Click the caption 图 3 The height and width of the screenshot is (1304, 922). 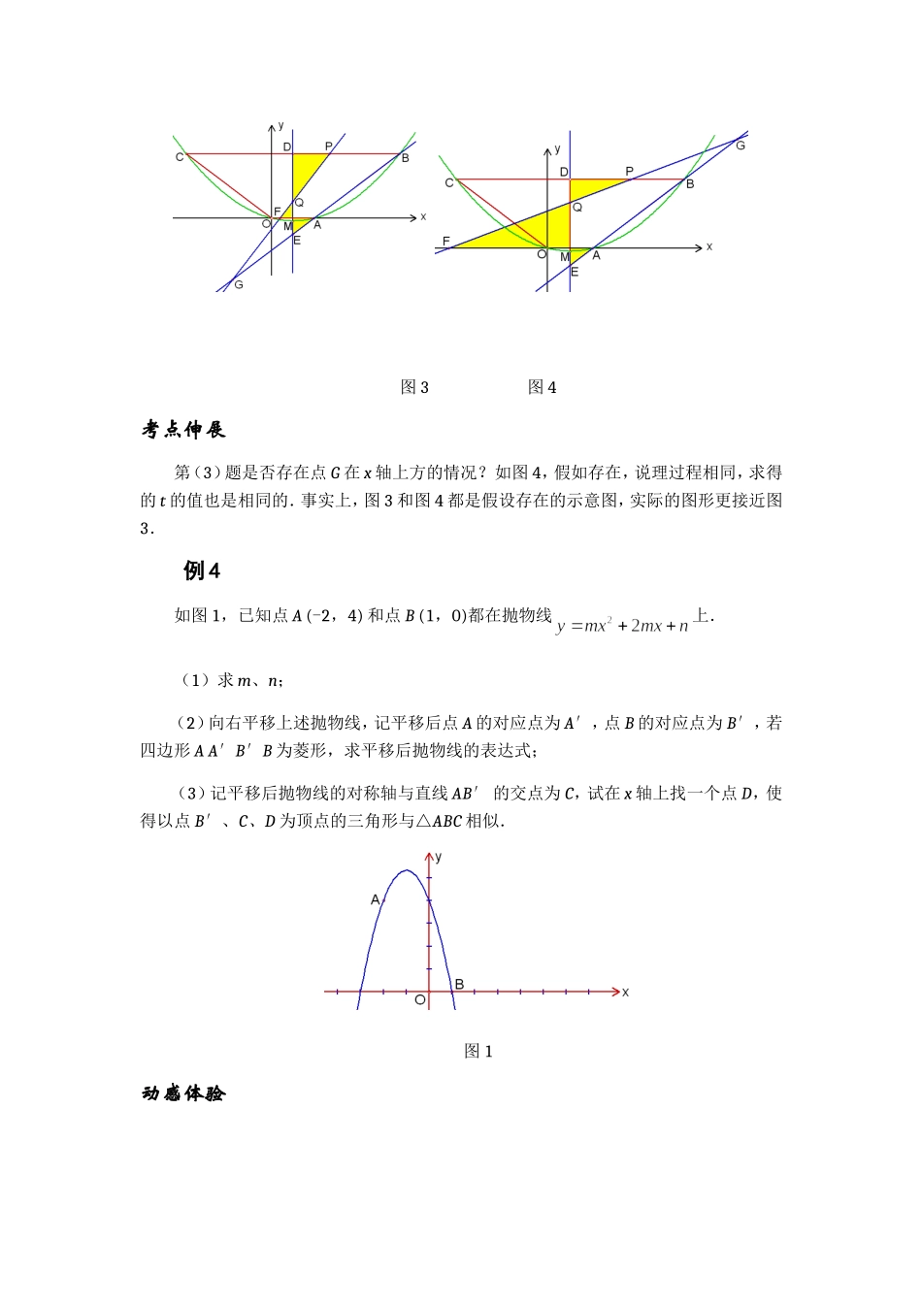click(414, 387)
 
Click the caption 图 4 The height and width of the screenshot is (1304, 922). click(542, 387)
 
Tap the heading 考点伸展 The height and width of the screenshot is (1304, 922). click(183, 429)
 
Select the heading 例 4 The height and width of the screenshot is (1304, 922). click(202, 570)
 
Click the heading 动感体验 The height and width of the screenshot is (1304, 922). click(183, 1093)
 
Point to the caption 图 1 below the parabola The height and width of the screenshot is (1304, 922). click(478, 1051)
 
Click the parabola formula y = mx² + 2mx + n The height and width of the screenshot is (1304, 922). click(622, 626)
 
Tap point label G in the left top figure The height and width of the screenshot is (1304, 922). click(239, 284)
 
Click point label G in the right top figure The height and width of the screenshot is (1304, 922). click(741, 146)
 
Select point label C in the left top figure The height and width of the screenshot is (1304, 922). click(180, 157)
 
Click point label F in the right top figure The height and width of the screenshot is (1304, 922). click(445, 241)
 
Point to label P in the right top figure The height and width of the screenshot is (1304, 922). click(630, 172)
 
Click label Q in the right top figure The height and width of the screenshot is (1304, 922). click(577, 207)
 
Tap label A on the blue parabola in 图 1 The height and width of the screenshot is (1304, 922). click(376, 899)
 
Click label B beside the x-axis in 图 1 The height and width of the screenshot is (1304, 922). click(459, 984)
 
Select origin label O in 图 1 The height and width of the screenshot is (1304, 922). click(419, 999)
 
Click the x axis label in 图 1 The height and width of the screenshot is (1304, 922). click(626, 992)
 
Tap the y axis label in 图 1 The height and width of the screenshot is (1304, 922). click(439, 857)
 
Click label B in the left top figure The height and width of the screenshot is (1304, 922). click(406, 158)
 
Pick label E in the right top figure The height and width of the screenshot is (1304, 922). click(575, 273)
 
